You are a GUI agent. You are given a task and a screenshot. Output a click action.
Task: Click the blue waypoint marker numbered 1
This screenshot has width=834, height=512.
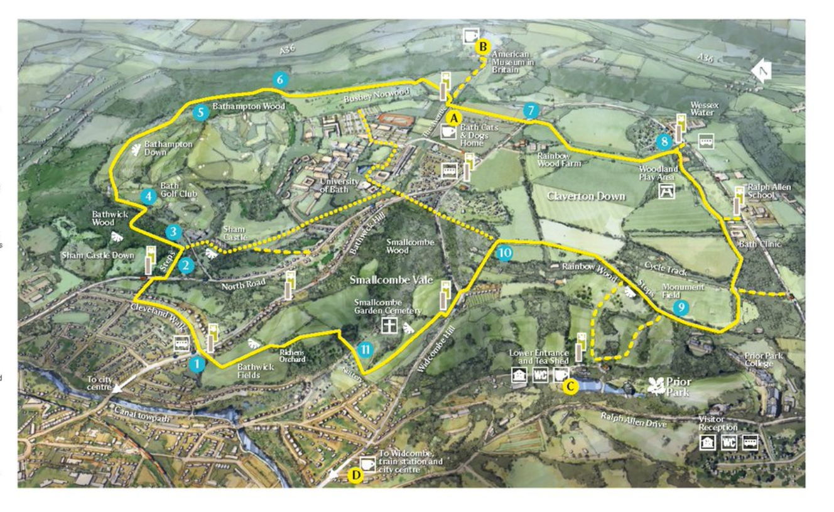(x=197, y=364)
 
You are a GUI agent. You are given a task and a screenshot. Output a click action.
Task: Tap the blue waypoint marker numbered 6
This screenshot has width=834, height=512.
(x=280, y=79)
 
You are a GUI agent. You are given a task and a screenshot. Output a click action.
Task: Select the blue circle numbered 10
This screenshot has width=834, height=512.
(x=504, y=253)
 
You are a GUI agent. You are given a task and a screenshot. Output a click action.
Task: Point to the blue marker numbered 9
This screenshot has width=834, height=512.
(x=680, y=307)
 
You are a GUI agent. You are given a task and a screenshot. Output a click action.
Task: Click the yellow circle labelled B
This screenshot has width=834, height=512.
(x=483, y=46)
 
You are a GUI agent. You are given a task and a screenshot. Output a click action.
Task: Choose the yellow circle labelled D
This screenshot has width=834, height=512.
(x=355, y=476)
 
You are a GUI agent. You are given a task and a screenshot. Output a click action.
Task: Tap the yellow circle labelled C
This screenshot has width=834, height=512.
(x=570, y=386)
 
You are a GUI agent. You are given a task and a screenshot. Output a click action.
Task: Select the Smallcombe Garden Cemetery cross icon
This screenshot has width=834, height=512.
(x=390, y=325)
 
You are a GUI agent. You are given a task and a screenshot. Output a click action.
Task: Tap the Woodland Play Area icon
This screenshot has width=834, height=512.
(x=667, y=192)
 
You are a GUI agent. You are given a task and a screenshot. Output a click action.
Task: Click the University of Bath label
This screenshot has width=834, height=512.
(x=339, y=185)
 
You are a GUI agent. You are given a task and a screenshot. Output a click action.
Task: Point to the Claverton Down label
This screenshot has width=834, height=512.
(x=586, y=196)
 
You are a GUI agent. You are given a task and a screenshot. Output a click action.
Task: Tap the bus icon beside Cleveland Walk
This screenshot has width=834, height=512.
(x=181, y=343)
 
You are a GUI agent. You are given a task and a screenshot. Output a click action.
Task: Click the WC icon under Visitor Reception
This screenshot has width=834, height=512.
(x=728, y=442)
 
